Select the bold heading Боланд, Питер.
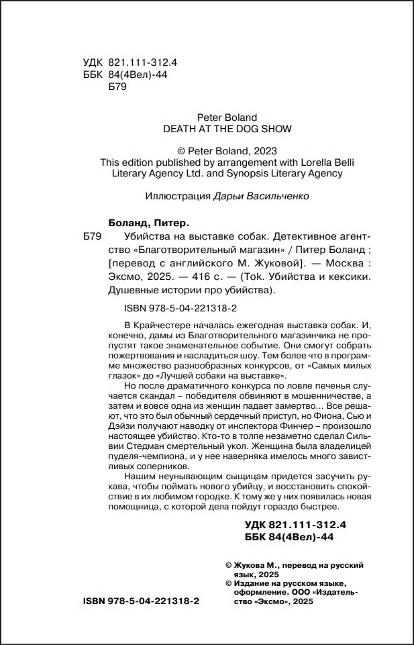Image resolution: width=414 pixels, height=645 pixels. click(149, 222)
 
